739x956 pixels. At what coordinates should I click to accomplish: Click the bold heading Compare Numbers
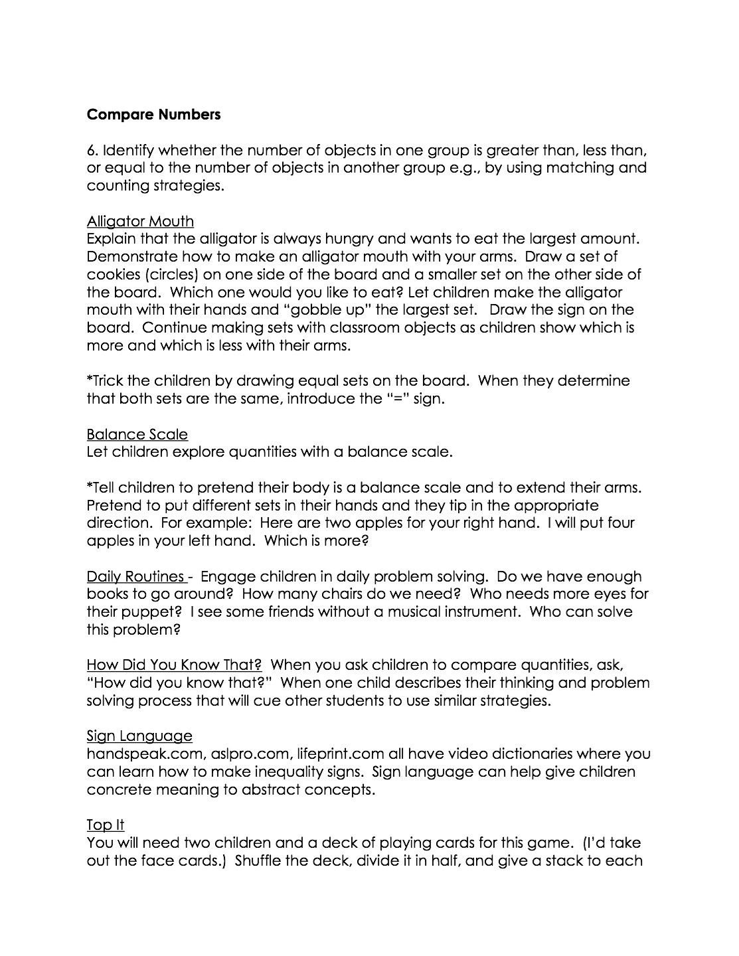point(153,114)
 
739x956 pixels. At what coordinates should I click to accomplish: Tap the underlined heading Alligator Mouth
point(140,221)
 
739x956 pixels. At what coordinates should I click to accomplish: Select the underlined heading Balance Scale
point(137,434)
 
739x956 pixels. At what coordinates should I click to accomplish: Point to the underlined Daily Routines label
point(137,576)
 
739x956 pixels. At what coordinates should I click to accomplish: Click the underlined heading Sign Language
point(139,736)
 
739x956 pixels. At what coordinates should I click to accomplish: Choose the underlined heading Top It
point(106,825)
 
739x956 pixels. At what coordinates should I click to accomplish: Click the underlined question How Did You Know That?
point(174,665)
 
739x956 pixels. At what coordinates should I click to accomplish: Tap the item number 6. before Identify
point(92,150)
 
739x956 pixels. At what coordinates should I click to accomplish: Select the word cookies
point(112,274)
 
